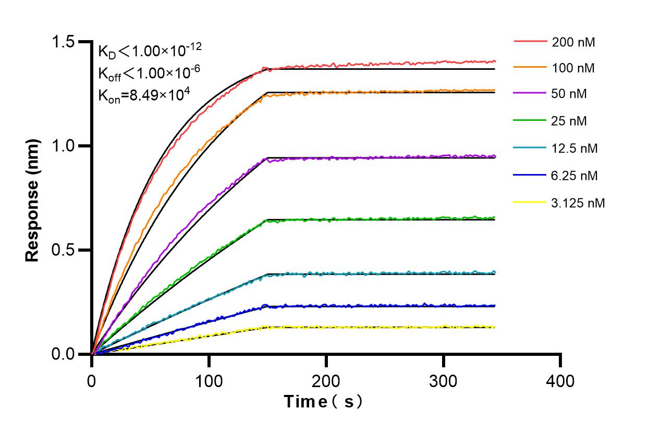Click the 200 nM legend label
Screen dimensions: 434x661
[x=573, y=42]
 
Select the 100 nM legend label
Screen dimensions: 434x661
[x=573, y=68]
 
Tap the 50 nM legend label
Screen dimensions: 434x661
[x=569, y=94]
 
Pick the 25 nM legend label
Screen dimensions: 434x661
[x=569, y=121]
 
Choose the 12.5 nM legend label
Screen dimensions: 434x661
[x=574, y=148]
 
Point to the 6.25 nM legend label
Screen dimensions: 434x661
[x=574, y=176]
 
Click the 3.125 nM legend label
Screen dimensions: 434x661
[x=578, y=203]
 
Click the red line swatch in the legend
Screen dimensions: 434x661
[x=530, y=41]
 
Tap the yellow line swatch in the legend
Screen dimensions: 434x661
[x=530, y=202]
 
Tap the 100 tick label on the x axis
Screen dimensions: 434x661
[x=209, y=381]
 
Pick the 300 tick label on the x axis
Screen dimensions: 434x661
[x=444, y=381]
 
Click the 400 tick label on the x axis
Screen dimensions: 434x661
[x=560, y=381]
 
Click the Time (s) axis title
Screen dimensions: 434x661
[x=323, y=402]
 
